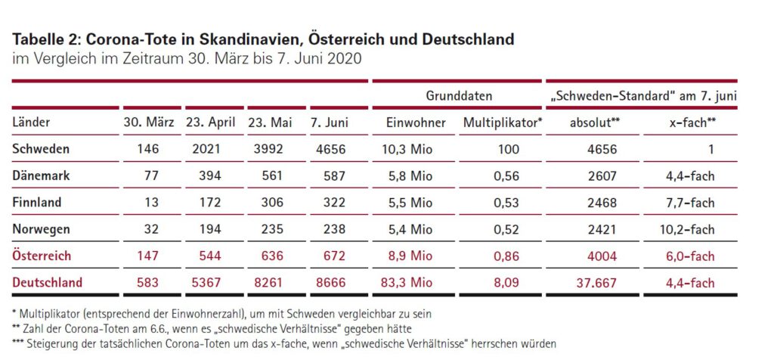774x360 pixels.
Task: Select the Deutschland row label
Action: pyautogui.click(x=47, y=283)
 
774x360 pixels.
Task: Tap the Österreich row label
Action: pyautogui.click(x=42, y=256)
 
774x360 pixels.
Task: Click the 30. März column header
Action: pyautogui.click(x=149, y=123)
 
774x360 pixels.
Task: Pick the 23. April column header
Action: pyautogui.click(x=212, y=123)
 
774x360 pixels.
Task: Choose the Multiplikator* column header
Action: pyautogui.click(x=503, y=123)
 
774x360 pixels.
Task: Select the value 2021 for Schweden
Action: pyautogui.click(x=207, y=150)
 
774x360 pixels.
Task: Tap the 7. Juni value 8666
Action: pyautogui.click(x=330, y=283)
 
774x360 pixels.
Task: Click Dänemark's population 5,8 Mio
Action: pyautogui.click(x=413, y=176)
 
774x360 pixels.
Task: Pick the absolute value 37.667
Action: pyautogui.click(x=596, y=283)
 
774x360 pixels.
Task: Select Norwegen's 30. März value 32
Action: pyautogui.click(x=151, y=229)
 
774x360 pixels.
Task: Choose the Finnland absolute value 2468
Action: pyautogui.click(x=602, y=203)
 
